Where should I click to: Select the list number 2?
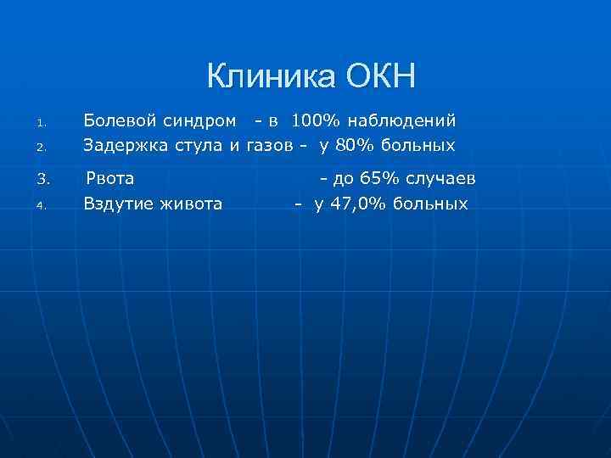[x=40, y=148]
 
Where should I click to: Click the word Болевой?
[x=121, y=121]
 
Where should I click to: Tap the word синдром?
[x=199, y=121]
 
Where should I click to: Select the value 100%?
[x=315, y=121]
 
